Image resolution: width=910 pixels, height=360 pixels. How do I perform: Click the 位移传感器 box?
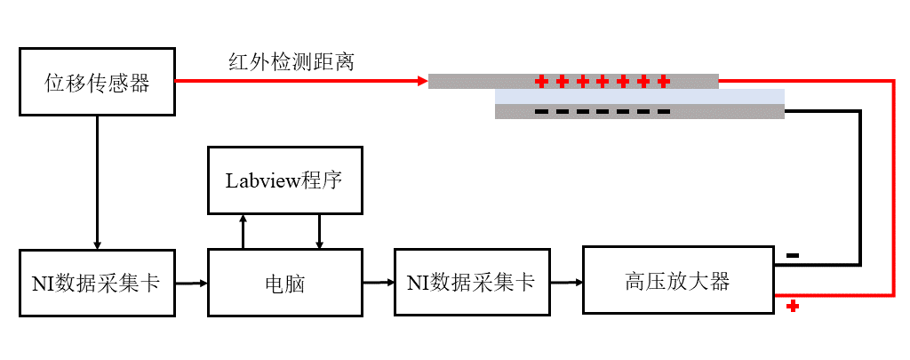pyautogui.click(x=97, y=83)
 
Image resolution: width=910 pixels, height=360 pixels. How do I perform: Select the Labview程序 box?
pyautogui.click(x=285, y=180)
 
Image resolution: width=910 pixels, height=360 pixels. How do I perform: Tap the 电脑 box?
pyautogui.click(x=285, y=283)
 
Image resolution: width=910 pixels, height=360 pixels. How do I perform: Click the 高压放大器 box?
pyautogui.click(x=677, y=281)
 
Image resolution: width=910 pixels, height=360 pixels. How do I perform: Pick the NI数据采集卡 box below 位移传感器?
pyautogui.click(x=97, y=283)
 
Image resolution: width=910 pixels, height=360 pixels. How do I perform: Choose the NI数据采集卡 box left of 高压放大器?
pyautogui.click(x=471, y=283)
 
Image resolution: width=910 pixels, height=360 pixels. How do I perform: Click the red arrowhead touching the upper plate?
pyautogui.click(x=422, y=82)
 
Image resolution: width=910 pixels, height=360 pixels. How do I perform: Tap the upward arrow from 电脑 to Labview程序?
pyautogui.click(x=243, y=231)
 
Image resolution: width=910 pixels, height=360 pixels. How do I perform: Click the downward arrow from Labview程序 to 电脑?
pyautogui.click(x=320, y=231)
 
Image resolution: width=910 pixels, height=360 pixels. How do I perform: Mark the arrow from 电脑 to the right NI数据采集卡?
pyautogui.click(x=379, y=283)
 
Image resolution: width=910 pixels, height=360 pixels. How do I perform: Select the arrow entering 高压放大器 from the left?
pyautogui.click(x=566, y=283)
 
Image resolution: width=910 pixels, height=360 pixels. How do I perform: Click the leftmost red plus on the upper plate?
pyautogui.click(x=541, y=82)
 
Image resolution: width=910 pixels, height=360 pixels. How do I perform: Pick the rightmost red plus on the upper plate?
pyautogui.click(x=663, y=82)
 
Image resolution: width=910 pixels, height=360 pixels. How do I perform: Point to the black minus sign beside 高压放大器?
pyautogui.click(x=793, y=256)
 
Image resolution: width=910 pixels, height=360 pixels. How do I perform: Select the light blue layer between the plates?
pyautogui.click(x=640, y=96)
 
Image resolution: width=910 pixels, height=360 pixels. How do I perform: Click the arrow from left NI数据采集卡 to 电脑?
pyautogui.click(x=191, y=284)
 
